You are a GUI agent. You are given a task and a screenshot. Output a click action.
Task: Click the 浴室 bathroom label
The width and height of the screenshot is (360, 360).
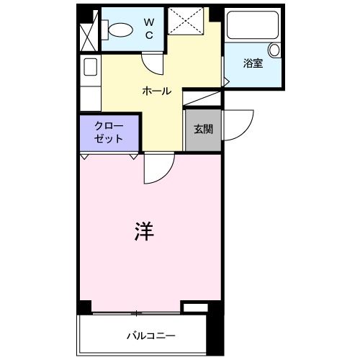click(x=253, y=63)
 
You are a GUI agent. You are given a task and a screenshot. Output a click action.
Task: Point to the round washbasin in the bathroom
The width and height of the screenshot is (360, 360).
click(x=274, y=50)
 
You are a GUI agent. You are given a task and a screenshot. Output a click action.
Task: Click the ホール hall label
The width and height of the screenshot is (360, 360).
click(x=157, y=91)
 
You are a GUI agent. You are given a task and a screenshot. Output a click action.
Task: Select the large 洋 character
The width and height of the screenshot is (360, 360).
click(x=145, y=232)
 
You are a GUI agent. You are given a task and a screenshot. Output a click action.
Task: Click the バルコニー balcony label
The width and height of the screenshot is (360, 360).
click(x=152, y=336)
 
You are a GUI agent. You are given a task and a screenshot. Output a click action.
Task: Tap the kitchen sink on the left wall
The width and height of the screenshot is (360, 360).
click(x=90, y=67)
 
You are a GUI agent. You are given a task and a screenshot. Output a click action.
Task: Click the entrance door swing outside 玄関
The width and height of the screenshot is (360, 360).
click(x=238, y=122)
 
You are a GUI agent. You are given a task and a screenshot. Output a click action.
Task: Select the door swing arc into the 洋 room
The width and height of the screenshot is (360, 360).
click(x=156, y=170)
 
